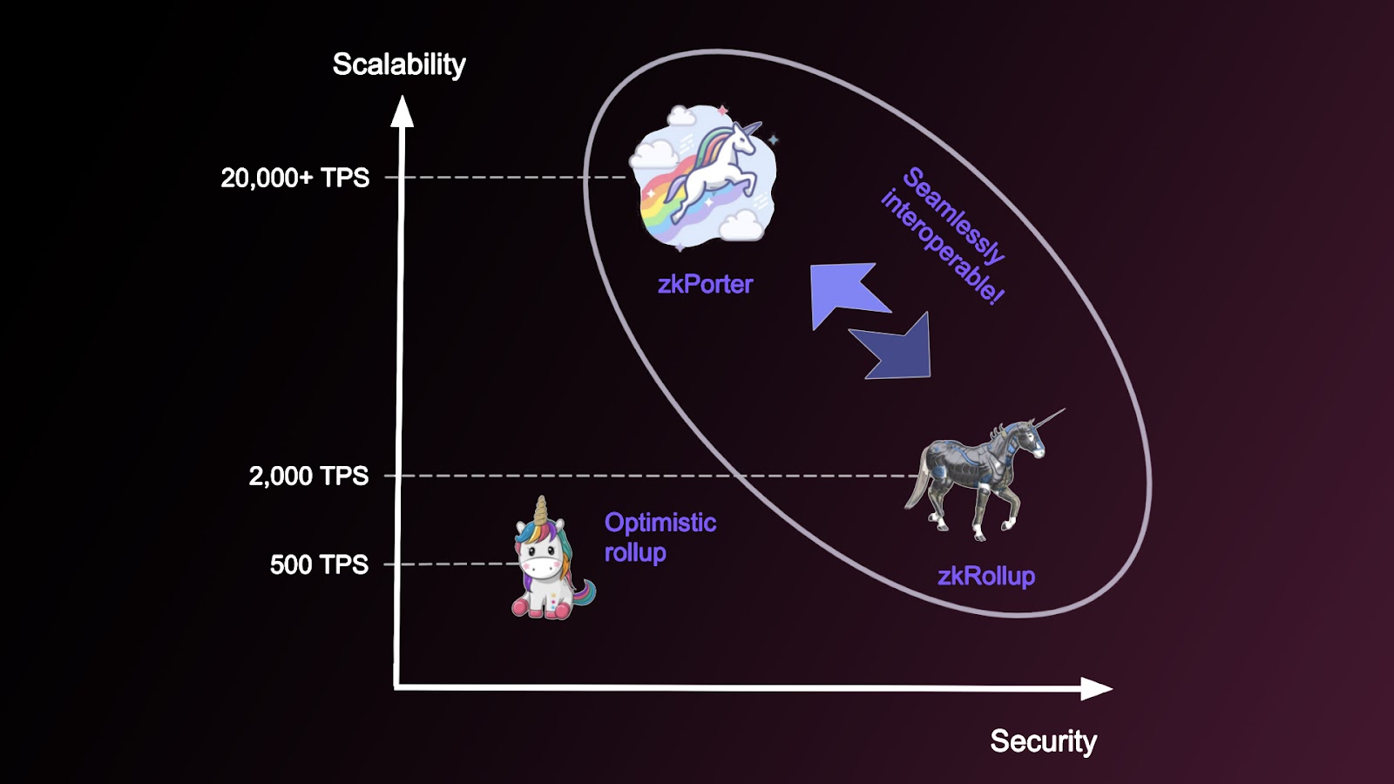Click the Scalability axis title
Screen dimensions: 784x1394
tap(399, 64)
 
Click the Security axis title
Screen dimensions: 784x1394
tap(1043, 741)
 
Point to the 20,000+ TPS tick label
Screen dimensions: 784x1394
tap(294, 178)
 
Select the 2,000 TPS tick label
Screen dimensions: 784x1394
tap(308, 476)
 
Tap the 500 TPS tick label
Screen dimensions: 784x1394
tap(319, 564)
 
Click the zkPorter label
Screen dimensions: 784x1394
tap(705, 284)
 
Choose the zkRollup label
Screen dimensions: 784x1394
tap(986, 576)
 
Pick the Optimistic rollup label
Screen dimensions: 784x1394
tap(660, 537)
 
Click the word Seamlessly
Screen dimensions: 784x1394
tap(954, 214)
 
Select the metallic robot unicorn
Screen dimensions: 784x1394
tap(980, 475)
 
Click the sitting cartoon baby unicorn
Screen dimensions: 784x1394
tap(549, 566)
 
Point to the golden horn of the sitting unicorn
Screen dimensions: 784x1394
tap(542, 510)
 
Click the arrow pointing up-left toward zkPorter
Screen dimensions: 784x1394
tap(842, 292)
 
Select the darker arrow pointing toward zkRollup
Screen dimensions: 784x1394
tap(897, 348)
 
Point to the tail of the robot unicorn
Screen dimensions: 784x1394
tap(916, 488)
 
